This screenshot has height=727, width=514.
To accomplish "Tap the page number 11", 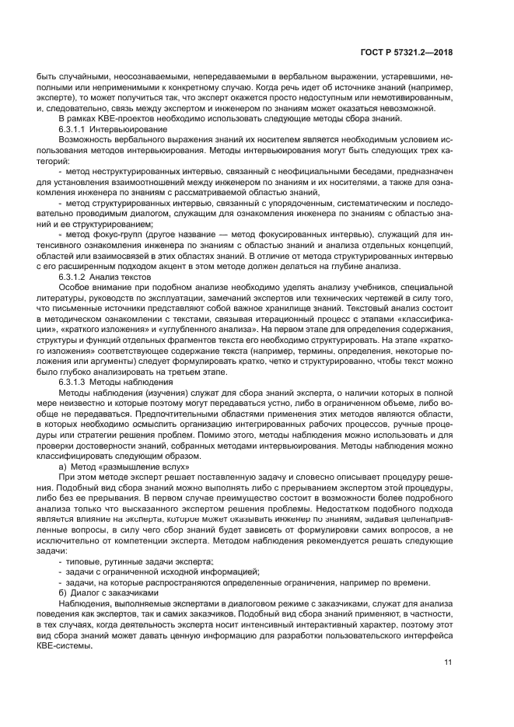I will (448, 662).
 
